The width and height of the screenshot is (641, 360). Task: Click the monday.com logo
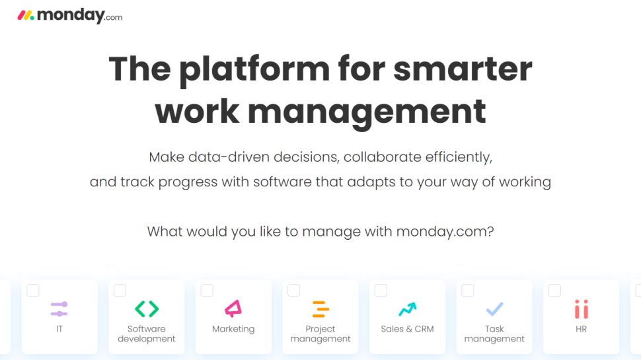[69, 15]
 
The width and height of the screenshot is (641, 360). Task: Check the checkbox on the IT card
[33, 291]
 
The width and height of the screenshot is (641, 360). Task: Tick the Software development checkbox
[120, 291]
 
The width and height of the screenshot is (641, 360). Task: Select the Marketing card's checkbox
[207, 291]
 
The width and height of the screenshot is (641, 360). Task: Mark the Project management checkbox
[294, 291]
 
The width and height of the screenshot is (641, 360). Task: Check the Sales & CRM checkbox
[381, 291]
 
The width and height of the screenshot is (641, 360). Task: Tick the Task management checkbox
[468, 291]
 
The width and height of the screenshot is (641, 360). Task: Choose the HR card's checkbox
[555, 291]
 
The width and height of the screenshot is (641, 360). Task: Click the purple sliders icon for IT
[59, 308]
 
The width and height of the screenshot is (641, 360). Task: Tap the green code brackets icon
[147, 308]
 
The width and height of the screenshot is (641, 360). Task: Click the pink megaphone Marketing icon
[233, 308]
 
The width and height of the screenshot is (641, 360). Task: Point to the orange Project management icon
[320, 308]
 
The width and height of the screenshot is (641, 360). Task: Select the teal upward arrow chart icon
[407, 308]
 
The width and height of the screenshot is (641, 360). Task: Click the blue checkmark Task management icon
[494, 308]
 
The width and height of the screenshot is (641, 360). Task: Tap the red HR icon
[582, 308]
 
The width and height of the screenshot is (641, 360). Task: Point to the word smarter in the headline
[463, 69]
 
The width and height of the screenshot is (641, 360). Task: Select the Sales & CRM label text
[407, 329]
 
